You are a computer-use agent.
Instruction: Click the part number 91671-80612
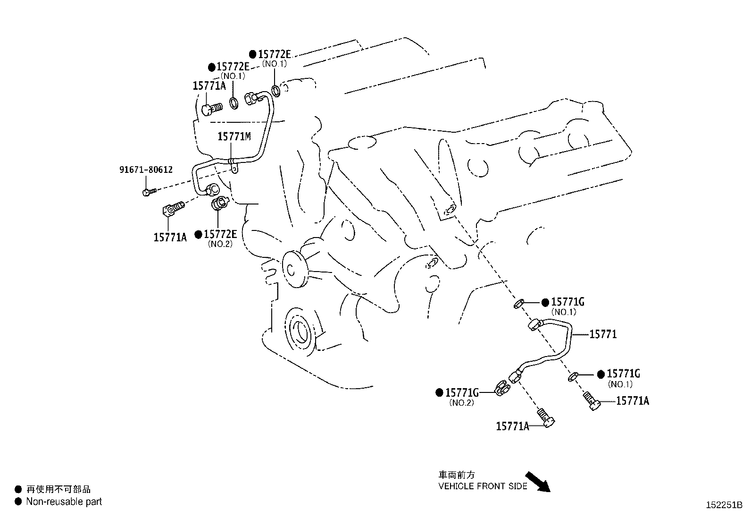point(145,169)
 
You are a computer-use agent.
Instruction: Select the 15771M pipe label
point(234,137)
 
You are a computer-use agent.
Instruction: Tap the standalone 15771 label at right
point(603,334)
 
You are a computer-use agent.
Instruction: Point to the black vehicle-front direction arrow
point(538,481)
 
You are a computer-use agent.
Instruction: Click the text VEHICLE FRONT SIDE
point(483,486)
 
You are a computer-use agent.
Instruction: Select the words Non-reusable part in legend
point(64,502)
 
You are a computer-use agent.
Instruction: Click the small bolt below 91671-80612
point(148,192)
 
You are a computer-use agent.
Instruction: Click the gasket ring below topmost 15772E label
point(277,90)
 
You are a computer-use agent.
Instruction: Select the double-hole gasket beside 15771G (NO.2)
point(503,388)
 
